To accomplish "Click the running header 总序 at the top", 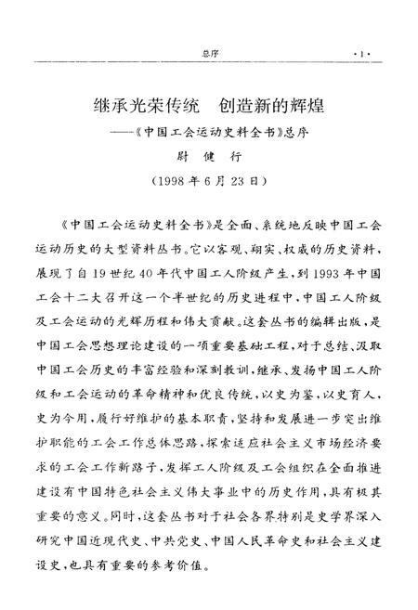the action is click(208, 54).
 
